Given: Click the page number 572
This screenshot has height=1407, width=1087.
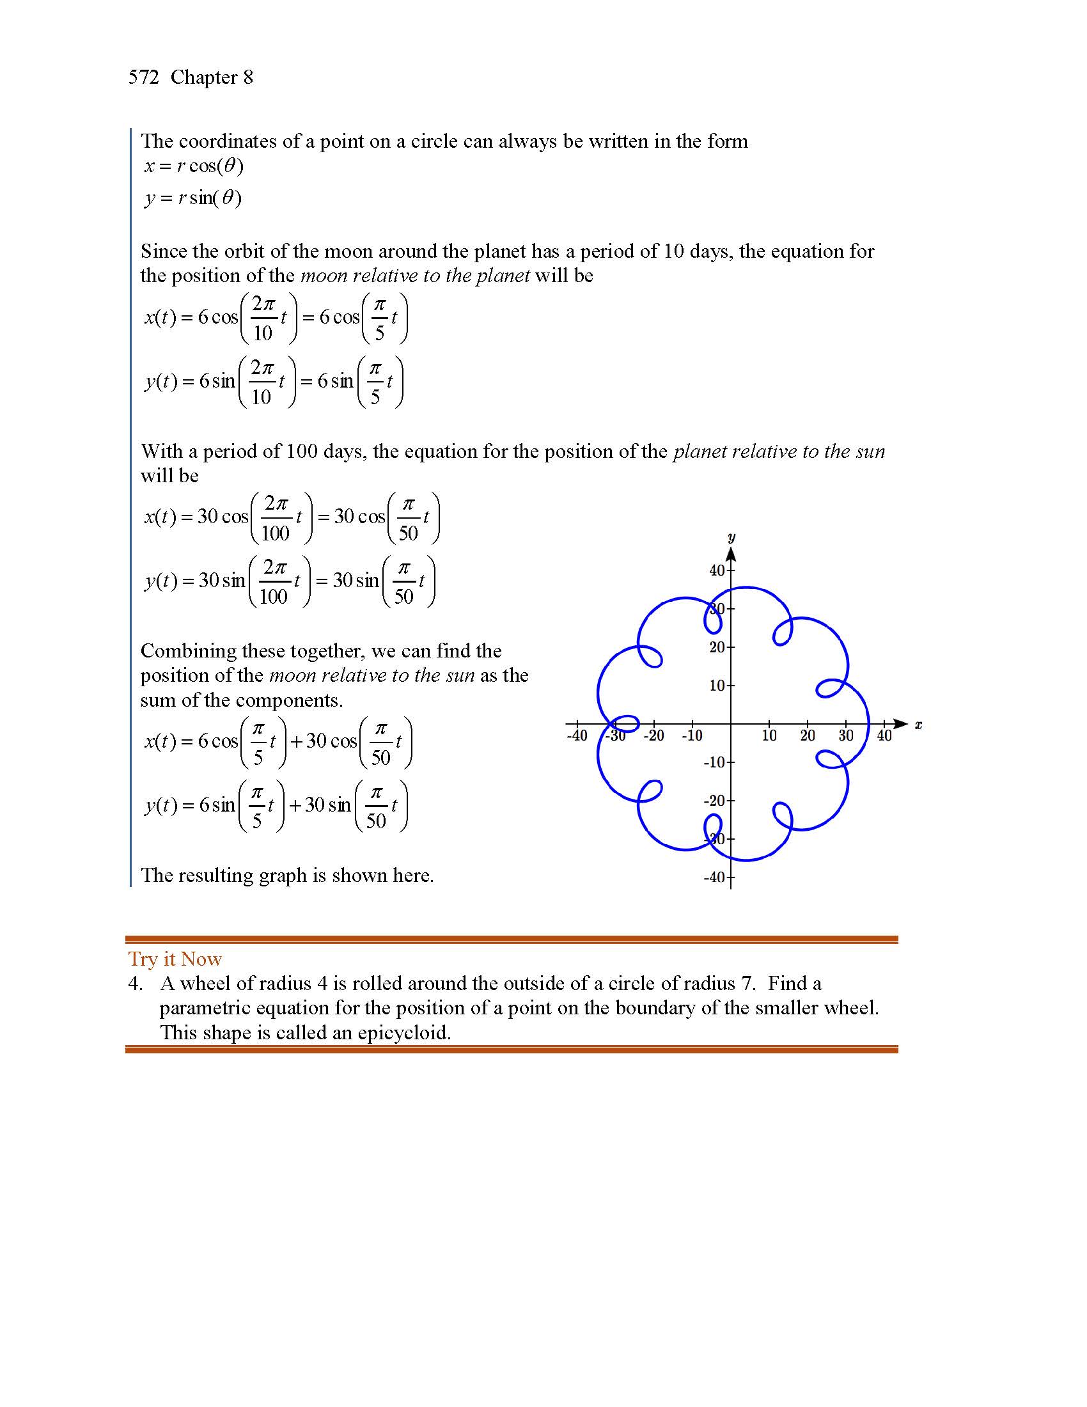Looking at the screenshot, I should (x=143, y=77).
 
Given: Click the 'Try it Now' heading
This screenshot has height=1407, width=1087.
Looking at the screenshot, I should (x=175, y=959).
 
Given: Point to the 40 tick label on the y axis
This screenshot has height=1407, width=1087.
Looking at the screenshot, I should (x=717, y=570).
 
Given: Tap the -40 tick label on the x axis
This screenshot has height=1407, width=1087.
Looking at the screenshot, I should (x=576, y=735).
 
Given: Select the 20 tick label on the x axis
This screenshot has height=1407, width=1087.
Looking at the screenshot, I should (x=807, y=735).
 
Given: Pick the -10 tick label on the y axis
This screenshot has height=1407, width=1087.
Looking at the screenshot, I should (x=714, y=763).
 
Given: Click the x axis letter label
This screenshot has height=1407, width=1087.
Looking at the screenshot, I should (x=918, y=725).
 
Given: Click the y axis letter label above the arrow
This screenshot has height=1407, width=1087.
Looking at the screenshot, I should (x=731, y=537).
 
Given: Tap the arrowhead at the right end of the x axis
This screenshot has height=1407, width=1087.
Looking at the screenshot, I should (x=902, y=724).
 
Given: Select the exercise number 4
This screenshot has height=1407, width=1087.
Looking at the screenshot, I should (x=134, y=984).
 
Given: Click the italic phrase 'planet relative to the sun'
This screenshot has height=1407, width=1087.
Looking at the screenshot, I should (x=779, y=452).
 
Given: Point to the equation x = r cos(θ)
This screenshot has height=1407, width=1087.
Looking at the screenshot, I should (x=194, y=166).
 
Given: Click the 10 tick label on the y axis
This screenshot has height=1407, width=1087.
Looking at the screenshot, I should (x=717, y=686).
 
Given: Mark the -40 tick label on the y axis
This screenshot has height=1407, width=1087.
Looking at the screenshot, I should (x=714, y=877).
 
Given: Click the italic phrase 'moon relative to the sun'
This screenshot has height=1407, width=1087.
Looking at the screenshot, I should (x=371, y=675).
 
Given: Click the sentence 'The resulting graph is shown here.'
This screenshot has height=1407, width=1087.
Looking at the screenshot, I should (x=287, y=875).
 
